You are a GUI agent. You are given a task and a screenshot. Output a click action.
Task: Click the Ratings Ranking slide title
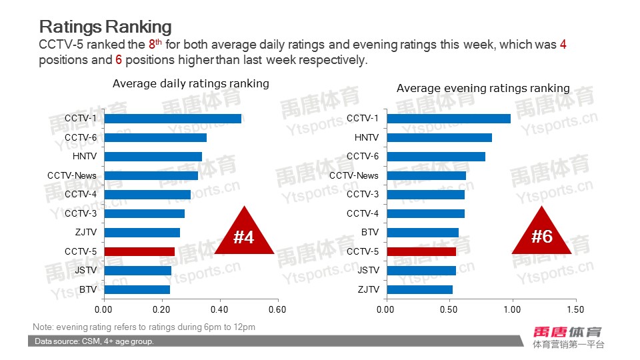coord(105,26)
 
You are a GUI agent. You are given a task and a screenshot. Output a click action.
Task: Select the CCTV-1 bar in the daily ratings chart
coord(173,119)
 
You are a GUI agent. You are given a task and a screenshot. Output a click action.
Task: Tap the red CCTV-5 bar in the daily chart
coord(139,251)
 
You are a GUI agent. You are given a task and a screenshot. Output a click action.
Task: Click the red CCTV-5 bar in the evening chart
coord(421,251)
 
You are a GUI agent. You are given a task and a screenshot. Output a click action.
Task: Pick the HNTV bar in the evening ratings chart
coord(439,137)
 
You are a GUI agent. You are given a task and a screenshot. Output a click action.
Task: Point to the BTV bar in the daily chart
coord(137,289)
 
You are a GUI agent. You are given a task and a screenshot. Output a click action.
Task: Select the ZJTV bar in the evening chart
coord(419,289)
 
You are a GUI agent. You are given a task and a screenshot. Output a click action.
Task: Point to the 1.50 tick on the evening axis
coord(575,309)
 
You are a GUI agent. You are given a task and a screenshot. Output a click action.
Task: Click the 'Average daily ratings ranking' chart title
coord(191,83)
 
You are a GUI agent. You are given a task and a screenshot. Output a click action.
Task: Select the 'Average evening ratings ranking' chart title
coord(483,88)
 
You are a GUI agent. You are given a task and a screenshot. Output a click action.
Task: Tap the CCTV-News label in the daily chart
coord(72,175)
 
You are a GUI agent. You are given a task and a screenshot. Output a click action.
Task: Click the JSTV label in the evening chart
coord(368,270)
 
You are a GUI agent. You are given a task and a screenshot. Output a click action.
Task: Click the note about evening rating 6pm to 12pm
coord(144,327)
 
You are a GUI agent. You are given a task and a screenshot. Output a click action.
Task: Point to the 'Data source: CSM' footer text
coord(94,341)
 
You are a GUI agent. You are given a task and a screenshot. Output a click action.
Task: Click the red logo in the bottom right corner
coord(567,331)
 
